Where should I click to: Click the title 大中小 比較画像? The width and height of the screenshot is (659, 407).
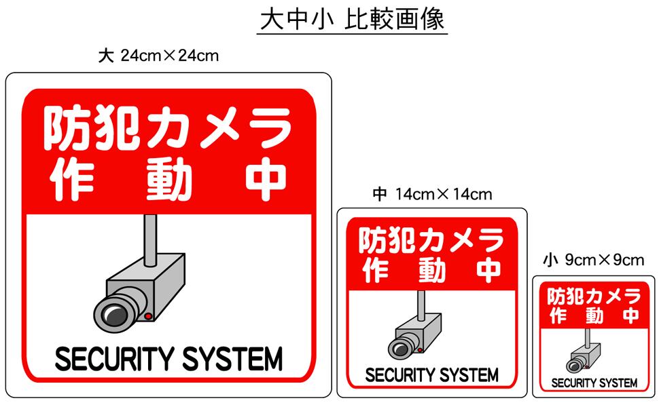(x=352, y=20)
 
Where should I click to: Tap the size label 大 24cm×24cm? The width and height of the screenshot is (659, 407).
(x=159, y=56)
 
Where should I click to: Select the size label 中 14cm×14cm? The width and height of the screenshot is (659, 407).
(x=432, y=195)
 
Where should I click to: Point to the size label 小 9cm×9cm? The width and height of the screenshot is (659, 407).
(x=594, y=260)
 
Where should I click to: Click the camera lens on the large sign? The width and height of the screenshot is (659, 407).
(x=112, y=313)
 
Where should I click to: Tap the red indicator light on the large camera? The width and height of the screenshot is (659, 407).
(x=147, y=316)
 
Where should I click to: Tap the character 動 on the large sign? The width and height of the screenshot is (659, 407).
(x=168, y=180)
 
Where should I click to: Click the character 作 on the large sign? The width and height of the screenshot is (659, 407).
(x=71, y=180)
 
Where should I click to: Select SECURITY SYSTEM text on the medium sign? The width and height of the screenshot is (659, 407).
(x=432, y=374)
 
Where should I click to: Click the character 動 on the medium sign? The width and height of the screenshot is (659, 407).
(x=432, y=271)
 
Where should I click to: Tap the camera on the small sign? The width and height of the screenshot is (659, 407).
(x=583, y=357)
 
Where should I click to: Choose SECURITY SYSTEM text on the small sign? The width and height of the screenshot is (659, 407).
(x=594, y=383)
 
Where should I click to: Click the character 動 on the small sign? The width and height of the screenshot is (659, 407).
(x=594, y=315)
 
